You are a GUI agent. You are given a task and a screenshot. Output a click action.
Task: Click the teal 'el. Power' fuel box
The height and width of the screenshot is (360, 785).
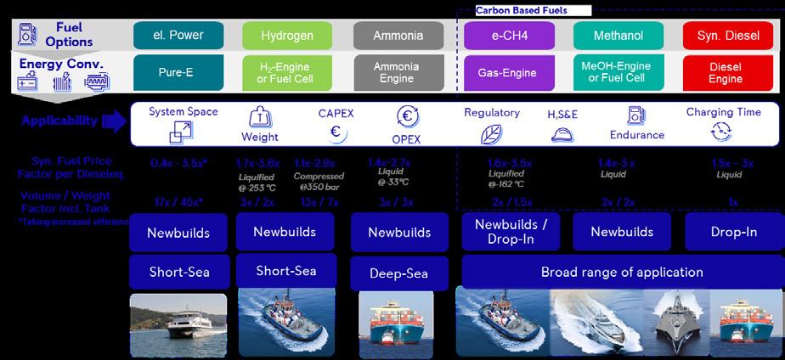pos(179,37)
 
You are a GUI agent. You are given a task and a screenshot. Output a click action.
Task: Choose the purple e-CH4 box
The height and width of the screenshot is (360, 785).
pos(509,37)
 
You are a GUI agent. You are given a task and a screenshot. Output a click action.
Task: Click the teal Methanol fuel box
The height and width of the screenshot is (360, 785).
pos(618,37)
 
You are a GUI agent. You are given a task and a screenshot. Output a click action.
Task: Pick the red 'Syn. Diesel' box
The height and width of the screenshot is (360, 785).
pos(725,37)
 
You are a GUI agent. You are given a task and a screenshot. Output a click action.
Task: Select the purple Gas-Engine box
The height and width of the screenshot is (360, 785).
pos(509,73)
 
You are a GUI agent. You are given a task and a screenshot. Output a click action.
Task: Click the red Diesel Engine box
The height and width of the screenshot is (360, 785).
pos(725,73)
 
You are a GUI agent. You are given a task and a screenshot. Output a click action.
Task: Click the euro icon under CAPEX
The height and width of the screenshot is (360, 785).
pos(336,132)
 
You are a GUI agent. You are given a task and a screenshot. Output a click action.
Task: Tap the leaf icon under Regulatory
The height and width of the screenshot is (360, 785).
pos(492,134)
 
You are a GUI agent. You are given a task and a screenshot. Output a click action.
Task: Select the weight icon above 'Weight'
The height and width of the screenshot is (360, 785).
pos(259,119)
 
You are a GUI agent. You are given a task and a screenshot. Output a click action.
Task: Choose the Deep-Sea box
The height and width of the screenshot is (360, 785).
pos(399,273)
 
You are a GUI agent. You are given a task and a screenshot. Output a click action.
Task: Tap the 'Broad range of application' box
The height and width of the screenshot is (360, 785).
pos(622,273)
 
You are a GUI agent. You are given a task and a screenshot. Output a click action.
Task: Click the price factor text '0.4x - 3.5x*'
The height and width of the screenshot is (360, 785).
pos(178,163)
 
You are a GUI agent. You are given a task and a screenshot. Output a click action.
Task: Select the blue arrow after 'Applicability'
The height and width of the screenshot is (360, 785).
pos(113,121)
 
